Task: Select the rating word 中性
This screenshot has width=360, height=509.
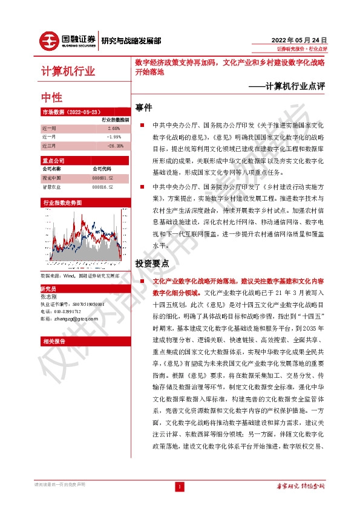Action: click(51, 97)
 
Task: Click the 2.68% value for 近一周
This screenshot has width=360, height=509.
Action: click(114, 129)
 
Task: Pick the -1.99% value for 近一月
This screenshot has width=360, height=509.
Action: click(114, 137)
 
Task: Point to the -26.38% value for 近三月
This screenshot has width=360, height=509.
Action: click(114, 146)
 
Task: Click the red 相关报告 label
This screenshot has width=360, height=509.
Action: click(54, 342)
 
